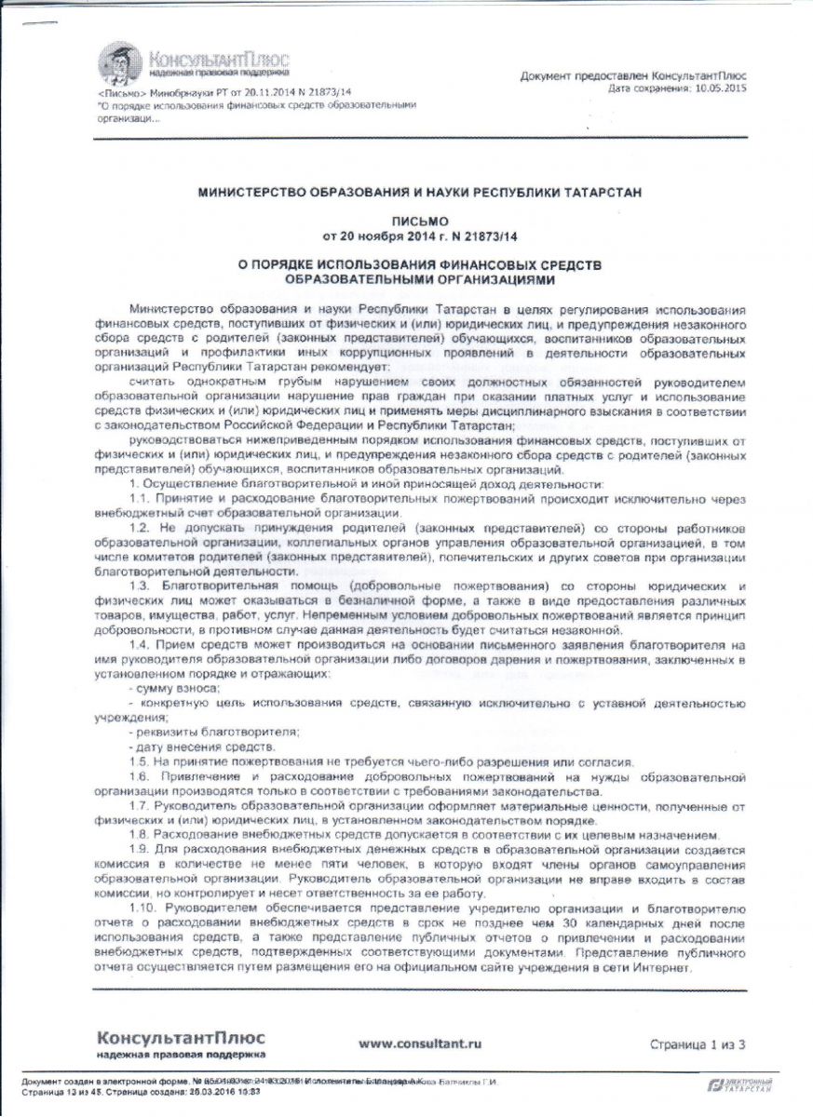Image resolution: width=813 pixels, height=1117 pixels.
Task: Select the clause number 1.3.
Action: coord(142,585)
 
